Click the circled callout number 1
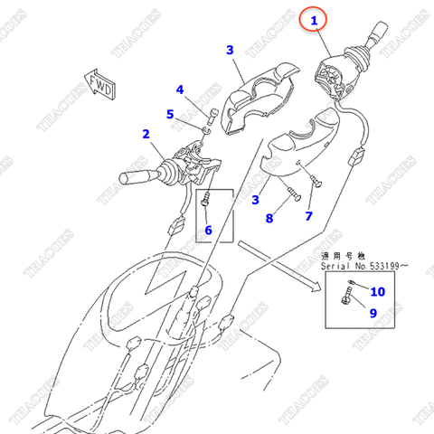click(x=315, y=20)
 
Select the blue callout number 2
click(x=146, y=135)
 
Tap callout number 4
click(x=180, y=90)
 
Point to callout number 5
click(x=169, y=114)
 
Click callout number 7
click(x=308, y=216)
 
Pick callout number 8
click(x=269, y=217)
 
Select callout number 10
click(x=378, y=291)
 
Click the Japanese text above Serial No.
click(x=346, y=257)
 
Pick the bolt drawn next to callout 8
click(x=291, y=192)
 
